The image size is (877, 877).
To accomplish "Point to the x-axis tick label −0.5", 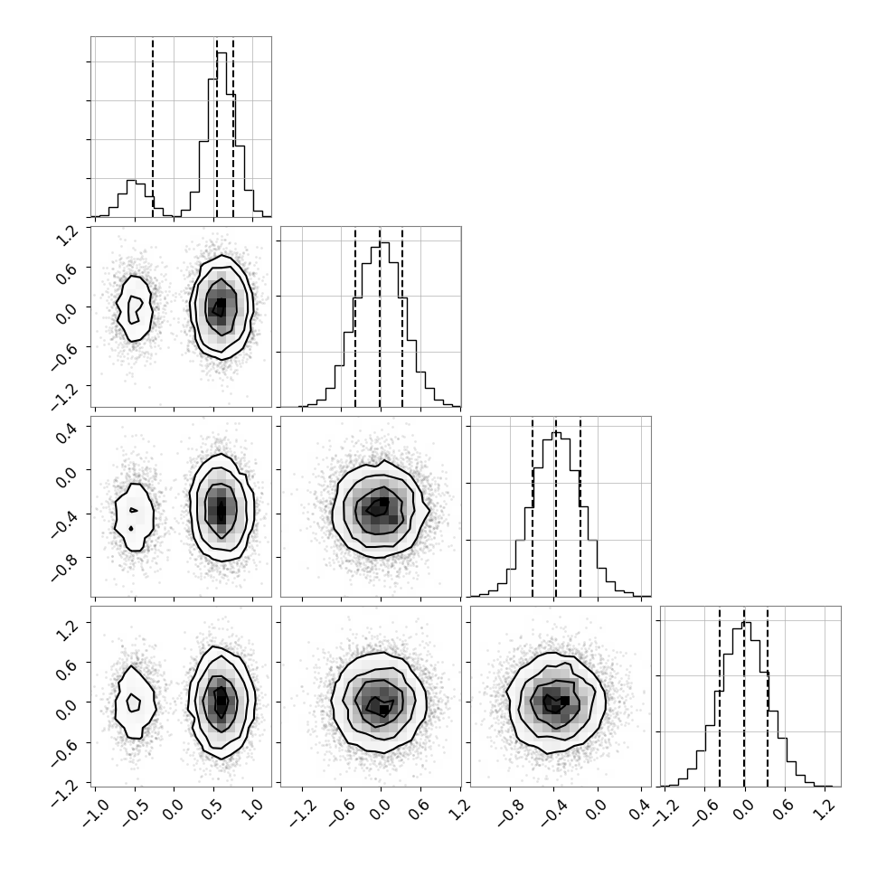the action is (x=133, y=812).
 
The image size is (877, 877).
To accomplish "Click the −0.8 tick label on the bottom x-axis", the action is (x=509, y=812).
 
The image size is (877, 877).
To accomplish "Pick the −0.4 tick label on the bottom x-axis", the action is (x=552, y=812).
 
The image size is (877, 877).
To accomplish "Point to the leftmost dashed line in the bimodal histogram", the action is (x=153, y=127).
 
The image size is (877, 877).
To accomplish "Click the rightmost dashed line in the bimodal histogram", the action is (x=233, y=127).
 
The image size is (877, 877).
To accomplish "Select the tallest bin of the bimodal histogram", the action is (x=222, y=134).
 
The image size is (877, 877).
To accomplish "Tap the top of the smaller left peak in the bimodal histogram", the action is (x=132, y=180).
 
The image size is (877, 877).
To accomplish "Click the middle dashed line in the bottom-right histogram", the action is (x=744, y=696).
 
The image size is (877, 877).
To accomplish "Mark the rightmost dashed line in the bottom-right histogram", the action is (x=768, y=696).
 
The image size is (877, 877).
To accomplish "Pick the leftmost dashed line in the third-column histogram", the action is (x=533, y=506).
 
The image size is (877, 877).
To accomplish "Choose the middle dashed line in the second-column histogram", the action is (x=380, y=316).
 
